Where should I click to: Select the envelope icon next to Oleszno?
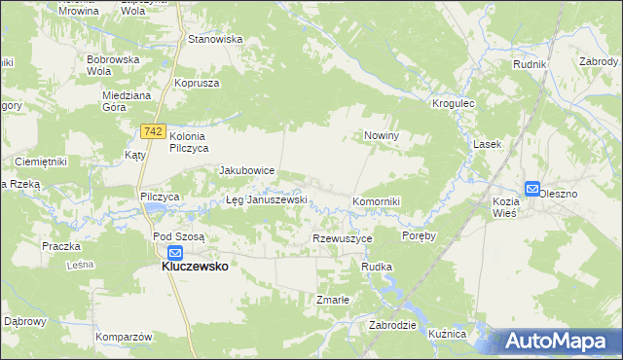click(532, 189)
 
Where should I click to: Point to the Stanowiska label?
click(215, 40)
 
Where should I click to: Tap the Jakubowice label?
click(247, 170)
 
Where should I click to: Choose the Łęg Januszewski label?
click(266, 199)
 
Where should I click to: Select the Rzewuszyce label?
click(343, 238)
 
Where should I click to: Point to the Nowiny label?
click(384, 136)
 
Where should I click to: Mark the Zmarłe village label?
click(332, 300)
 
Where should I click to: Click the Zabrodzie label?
click(393, 326)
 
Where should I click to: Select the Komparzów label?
click(125, 337)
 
